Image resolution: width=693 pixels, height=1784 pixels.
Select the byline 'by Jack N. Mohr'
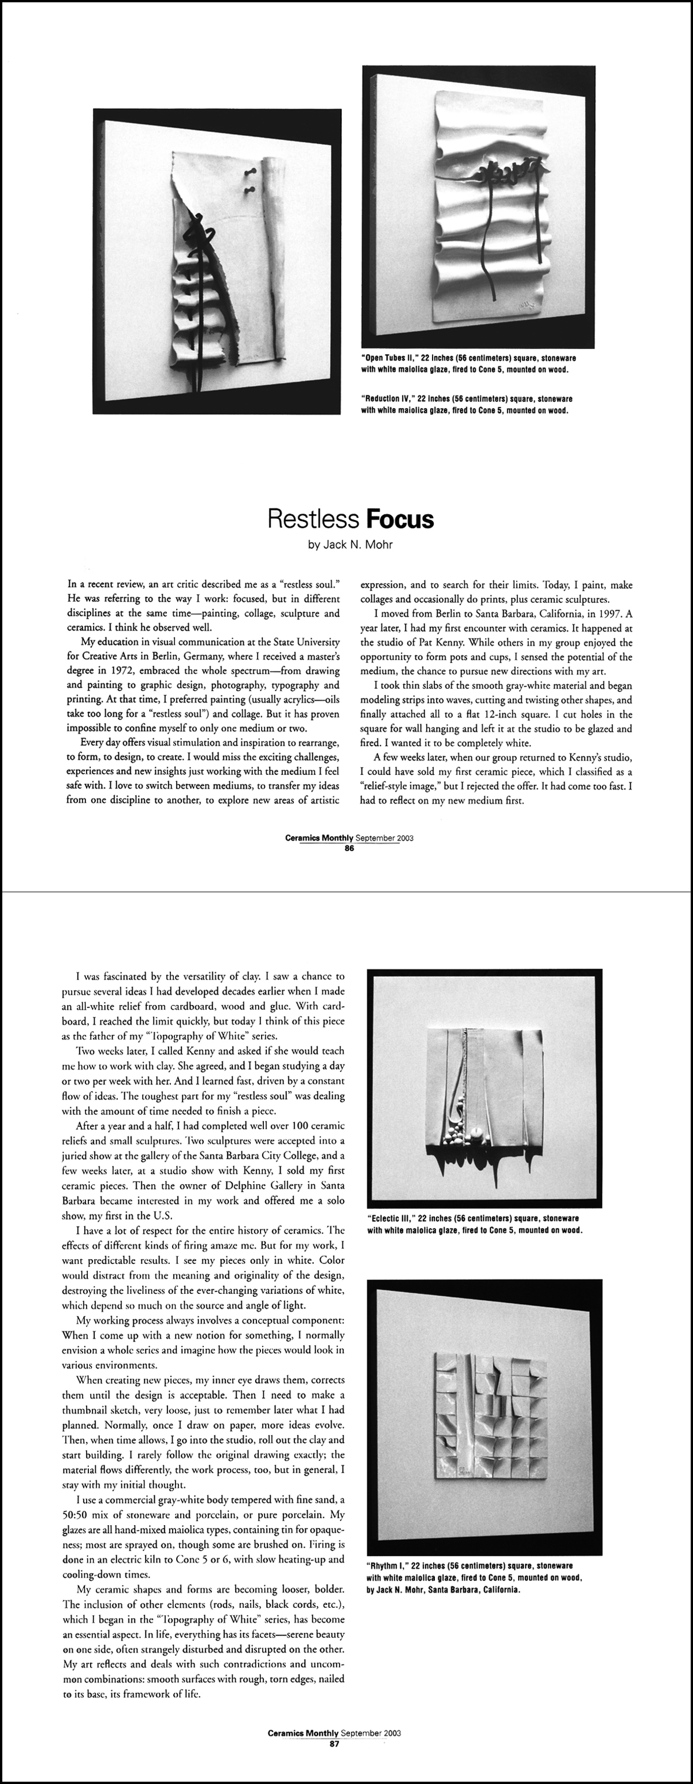[x=351, y=544]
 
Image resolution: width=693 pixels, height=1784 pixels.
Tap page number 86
[x=349, y=848]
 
